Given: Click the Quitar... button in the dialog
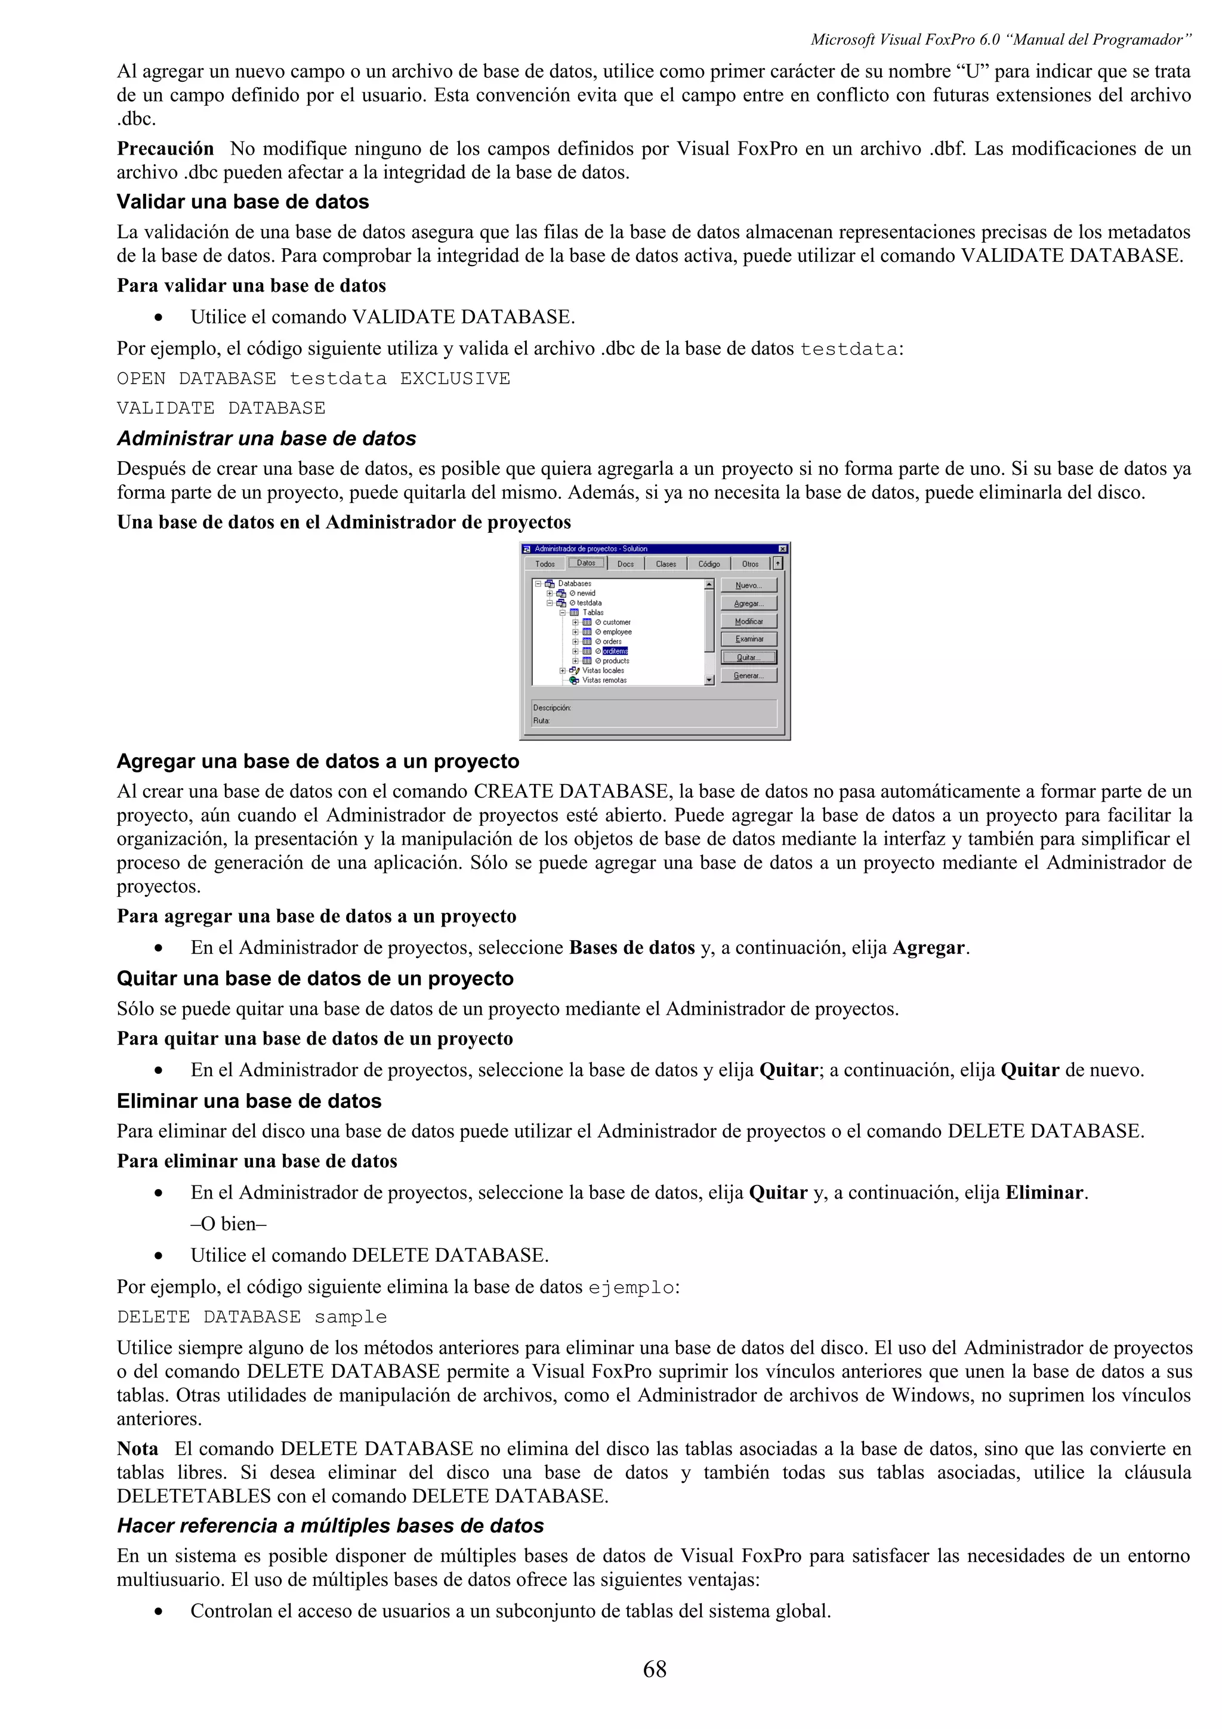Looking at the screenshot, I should click(x=748, y=657).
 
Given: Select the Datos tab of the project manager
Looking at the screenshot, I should click(x=586, y=563).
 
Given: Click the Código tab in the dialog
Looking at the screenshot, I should click(x=708, y=564).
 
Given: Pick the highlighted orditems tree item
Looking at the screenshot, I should click(x=615, y=652).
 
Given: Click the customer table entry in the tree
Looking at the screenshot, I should click(x=616, y=622).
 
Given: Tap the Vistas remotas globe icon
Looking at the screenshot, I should click(x=574, y=680).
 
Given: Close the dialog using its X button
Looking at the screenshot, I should click(x=782, y=549).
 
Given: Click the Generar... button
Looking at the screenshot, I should click(x=748, y=675).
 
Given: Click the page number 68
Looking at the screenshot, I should click(x=655, y=1669).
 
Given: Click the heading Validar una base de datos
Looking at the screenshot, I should click(x=242, y=202).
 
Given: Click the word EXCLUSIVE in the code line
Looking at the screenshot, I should click(x=455, y=379).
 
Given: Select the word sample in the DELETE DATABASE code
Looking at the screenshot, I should click(x=350, y=1317).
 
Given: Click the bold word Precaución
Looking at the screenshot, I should click(x=165, y=149).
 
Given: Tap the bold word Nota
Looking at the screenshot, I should click(x=137, y=1448).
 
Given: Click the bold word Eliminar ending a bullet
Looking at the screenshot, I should click(x=1044, y=1192).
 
